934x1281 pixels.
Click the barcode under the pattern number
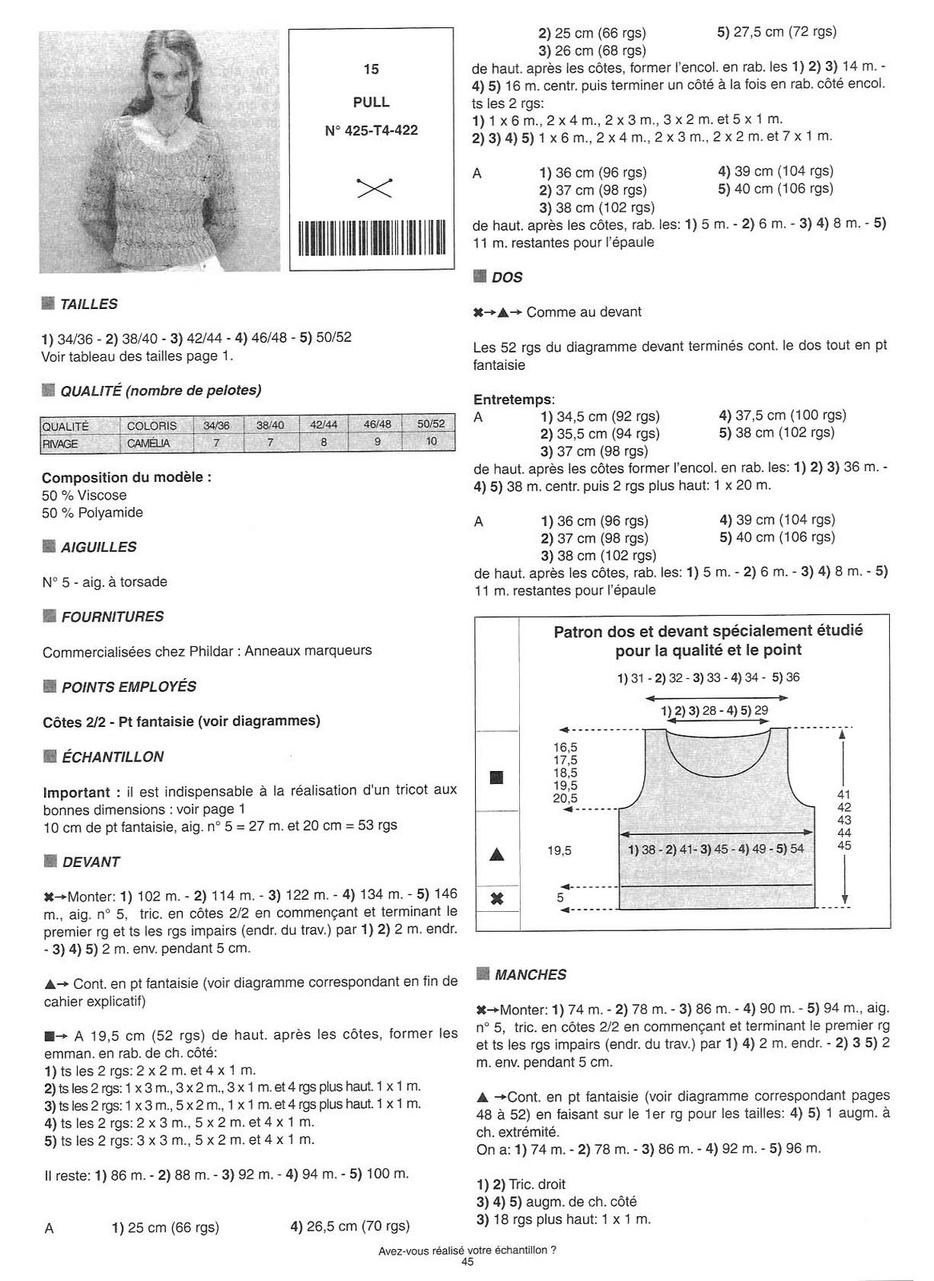coord(371,237)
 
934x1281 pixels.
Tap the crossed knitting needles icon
coord(371,186)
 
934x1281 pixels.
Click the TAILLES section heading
coord(88,304)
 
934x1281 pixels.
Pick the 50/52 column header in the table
coord(431,425)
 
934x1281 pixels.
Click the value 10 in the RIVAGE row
coord(431,442)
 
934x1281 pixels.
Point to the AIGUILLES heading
coord(98,548)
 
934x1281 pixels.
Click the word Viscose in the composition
coord(102,496)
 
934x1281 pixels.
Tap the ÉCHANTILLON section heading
coord(112,757)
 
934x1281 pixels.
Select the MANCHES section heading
coord(530,975)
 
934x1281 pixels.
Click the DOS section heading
coord(507,278)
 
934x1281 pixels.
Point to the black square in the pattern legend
coord(497,777)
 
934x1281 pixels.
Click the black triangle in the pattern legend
coord(497,854)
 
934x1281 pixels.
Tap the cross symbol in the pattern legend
coord(497,898)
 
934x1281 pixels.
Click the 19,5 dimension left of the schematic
coord(559,851)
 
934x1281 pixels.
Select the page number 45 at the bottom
coord(468,1263)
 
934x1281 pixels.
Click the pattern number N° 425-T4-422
coord(371,130)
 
